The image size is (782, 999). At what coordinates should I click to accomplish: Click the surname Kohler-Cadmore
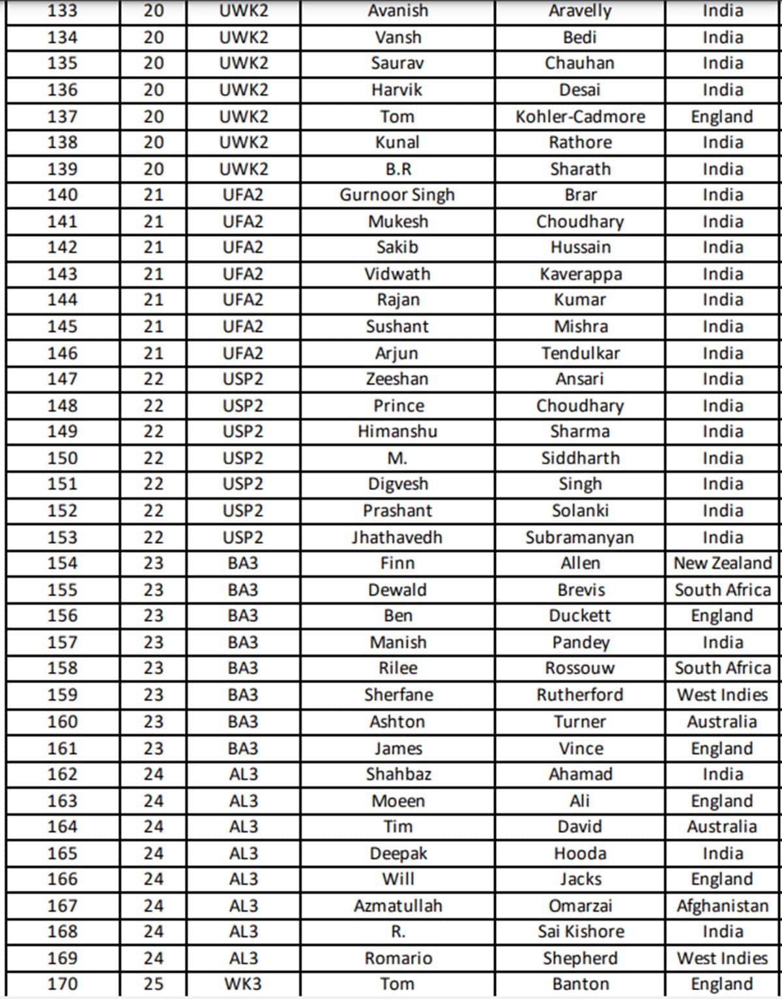(580, 117)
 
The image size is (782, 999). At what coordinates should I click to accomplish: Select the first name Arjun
(397, 353)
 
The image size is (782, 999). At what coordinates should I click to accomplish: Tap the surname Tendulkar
(580, 353)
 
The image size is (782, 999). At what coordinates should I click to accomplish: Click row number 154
(63, 563)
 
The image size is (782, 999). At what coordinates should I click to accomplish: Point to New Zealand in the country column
(722, 563)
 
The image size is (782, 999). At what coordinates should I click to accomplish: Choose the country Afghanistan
(722, 905)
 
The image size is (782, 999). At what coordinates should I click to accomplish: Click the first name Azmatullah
(398, 905)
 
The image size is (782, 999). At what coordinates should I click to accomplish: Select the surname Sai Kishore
(580, 931)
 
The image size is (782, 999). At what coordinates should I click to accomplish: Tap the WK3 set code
(243, 983)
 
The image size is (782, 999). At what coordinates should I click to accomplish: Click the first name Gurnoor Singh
(397, 195)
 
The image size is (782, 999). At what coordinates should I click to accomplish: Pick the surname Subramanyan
(579, 537)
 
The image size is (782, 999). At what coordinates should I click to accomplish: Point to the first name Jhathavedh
(397, 537)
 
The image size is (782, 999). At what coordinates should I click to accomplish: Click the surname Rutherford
(579, 695)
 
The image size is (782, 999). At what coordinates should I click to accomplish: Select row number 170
(63, 983)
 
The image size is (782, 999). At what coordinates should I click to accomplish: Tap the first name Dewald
(397, 590)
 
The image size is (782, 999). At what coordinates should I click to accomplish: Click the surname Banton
(580, 983)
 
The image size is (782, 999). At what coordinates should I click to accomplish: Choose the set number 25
(153, 983)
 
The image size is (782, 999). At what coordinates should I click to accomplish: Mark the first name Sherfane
(398, 695)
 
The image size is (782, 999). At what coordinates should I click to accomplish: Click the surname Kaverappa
(580, 274)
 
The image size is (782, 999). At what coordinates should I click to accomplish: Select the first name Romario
(398, 958)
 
